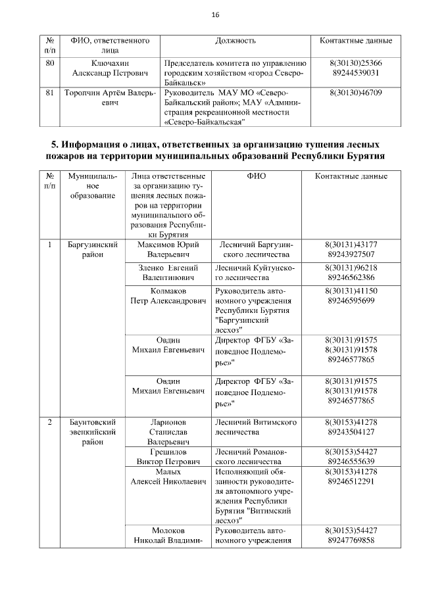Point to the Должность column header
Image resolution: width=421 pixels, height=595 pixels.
click(x=235, y=41)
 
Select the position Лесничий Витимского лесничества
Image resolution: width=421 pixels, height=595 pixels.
click(x=255, y=427)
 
